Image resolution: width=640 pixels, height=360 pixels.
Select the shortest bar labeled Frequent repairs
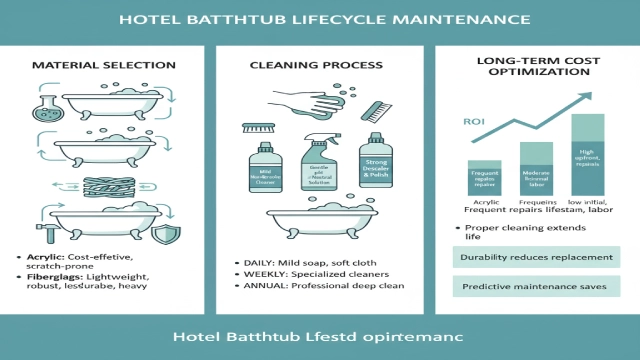pos(483,176)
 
